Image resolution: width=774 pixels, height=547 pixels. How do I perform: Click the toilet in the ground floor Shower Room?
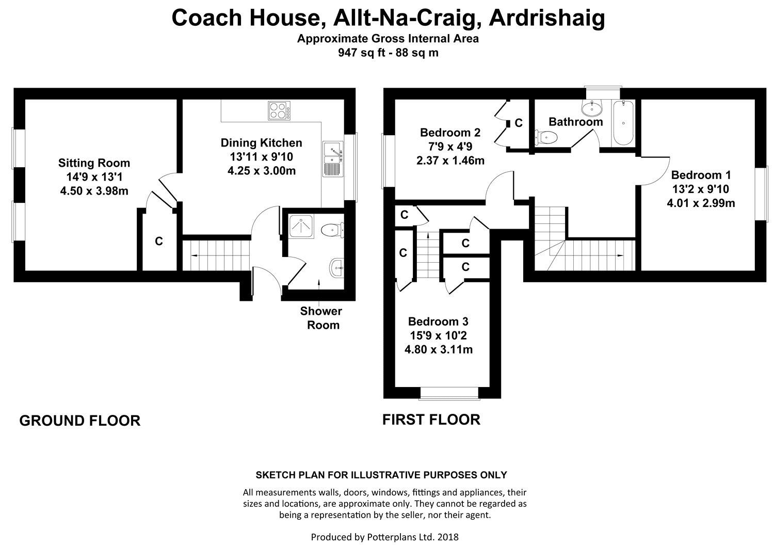[x=331, y=230]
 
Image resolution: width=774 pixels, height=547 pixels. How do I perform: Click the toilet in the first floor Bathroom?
[x=547, y=138]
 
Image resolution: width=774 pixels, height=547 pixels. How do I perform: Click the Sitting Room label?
[x=94, y=163]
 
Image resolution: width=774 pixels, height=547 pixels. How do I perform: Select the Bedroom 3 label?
[x=438, y=321]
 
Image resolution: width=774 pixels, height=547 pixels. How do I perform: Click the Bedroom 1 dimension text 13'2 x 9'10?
[x=700, y=189]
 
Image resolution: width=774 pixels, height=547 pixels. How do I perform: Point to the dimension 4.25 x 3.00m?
[x=261, y=171]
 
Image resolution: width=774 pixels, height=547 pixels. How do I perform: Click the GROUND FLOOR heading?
[x=79, y=421]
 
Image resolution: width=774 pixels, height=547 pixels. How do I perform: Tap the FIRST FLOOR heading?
[x=431, y=420]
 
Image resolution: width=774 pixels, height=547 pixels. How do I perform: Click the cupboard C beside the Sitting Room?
[x=159, y=241]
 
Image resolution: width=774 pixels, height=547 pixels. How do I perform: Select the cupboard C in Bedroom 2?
[x=519, y=123]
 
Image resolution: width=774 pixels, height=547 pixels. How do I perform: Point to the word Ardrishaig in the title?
[x=547, y=18]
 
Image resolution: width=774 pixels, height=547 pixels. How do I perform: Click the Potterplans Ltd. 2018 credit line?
[x=384, y=537]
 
